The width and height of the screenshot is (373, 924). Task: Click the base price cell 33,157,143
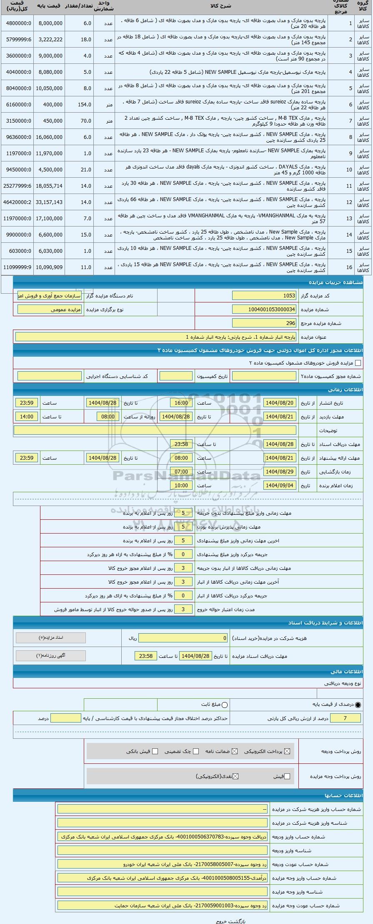pyautogui.click(x=49, y=202)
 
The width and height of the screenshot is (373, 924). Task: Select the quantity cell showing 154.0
pyautogui.click(x=79, y=104)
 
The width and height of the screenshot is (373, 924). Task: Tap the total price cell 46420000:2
pyautogui.click(x=17, y=202)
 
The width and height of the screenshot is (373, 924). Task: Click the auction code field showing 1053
pyautogui.click(x=264, y=296)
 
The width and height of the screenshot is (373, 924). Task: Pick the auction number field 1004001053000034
pyautogui.click(x=264, y=310)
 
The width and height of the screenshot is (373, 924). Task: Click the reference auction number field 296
pyautogui.click(x=264, y=323)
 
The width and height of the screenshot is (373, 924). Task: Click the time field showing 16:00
pyautogui.click(x=181, y=403)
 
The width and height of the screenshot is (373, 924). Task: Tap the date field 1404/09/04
pyautogui.click(x=280, y=486)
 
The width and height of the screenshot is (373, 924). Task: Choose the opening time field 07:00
pyautogui.click(x=181, y=472)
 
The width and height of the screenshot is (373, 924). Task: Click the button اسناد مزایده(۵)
pyautogui.click(x=50, y=638)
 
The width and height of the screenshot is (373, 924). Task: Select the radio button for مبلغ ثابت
pyautogui.click(x=225, y=705)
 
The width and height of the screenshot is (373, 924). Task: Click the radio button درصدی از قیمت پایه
pyautogui.click(x=358, y=705)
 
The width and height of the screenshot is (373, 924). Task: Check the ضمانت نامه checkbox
pyautogui.click(x=235, y=751)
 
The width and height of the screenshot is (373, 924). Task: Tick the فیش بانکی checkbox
pyautogui.click(x=155, y=751)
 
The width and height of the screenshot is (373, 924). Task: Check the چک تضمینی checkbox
pyautogui.click(x=196, y=751)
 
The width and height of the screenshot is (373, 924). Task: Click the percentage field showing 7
pyautogui.click(x=345, y=718)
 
